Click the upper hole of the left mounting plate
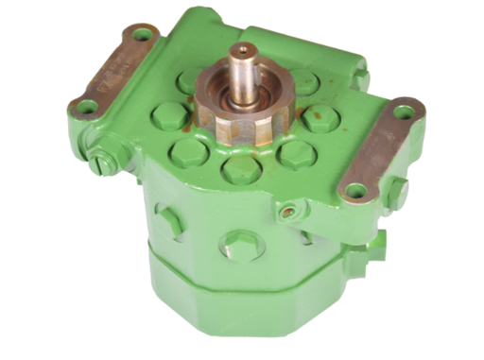[142, 35]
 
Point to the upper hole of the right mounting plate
[403, 111]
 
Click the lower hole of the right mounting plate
[354, 191]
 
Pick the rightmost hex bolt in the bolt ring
[320, 117]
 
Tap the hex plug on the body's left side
[171, 223]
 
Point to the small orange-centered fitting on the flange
[285, 213]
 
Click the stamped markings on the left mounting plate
[112, 72]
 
